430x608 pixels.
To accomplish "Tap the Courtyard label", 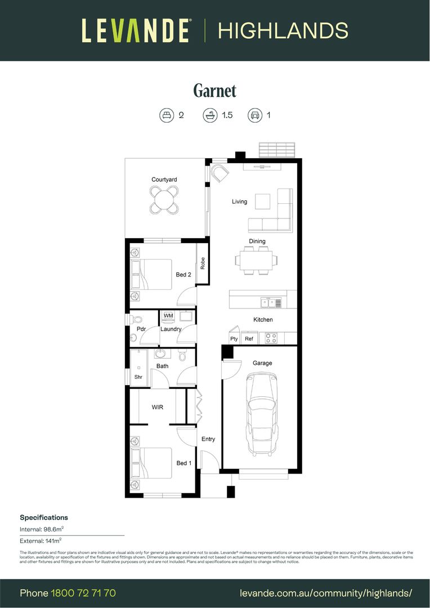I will [164, 180].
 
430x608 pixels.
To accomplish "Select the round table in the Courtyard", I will [164, 199].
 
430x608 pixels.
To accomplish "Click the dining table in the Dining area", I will [257, 261].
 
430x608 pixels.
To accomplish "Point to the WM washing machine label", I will [168, 316].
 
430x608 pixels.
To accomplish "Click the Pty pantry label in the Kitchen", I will [234, 339].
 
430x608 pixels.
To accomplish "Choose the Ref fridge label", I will [249, 339].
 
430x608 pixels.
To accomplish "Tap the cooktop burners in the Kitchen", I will [271, 338].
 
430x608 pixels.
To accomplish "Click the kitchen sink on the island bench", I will [271, 303].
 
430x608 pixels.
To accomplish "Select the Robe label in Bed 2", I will [202, 263].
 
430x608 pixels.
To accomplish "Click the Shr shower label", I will [138, 377].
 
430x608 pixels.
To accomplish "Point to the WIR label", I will [158, 406].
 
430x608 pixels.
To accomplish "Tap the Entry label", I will [208, 439].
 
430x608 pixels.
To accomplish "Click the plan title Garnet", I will [214, 91].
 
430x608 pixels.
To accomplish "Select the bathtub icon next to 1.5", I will [210, 115].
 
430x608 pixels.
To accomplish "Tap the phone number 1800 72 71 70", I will [83, 593].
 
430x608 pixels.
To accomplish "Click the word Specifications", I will [44, 517].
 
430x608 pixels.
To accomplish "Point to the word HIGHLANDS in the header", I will [283, 30].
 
